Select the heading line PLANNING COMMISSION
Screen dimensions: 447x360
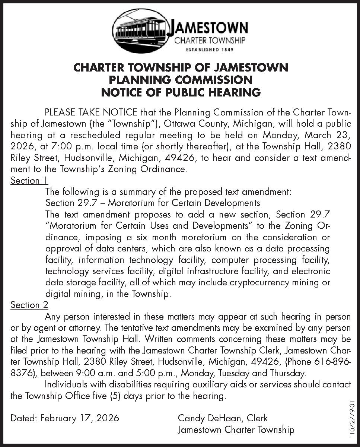pyautogui.click(x=181, y=80)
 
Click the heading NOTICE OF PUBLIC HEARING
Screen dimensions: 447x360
pyautogui.click(x=181, y=92)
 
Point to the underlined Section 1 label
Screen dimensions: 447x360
pyautogui.click(x=29, y=181)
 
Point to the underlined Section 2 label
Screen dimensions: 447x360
pyautogui.click(x=29, y=305)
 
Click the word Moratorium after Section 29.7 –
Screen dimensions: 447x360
pyautogui.click(x=130, y=203)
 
